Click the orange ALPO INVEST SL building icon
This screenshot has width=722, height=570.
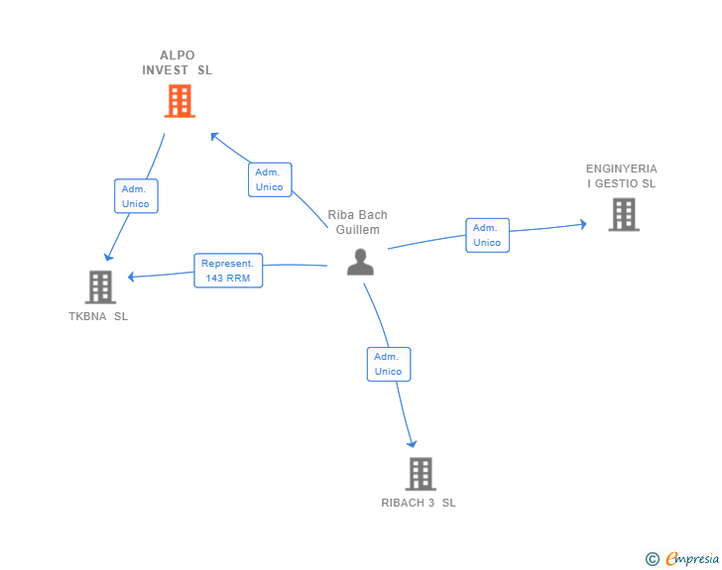[x=180, y=101]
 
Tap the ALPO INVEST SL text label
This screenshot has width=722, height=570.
[x=177, y=62]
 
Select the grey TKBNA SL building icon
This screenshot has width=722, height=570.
[x=100, y=287]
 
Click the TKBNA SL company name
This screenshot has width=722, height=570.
[x=98, y=316]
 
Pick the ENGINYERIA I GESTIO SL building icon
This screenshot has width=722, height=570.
[x=623, y=214]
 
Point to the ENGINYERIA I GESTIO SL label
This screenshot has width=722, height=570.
[x=621, y=175]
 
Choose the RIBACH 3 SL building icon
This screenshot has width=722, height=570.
[x=421, y=474]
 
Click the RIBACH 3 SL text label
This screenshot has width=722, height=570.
[x=419, y=503]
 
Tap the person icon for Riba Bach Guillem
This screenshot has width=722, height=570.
[x=360, y=262]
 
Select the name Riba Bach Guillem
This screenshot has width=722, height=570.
[x=358, y=222]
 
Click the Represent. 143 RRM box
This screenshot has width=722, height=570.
[x=228, y=271]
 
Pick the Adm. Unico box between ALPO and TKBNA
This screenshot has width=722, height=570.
[x=136, y=196]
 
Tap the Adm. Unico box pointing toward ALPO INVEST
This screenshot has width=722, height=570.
[x=269, y=179]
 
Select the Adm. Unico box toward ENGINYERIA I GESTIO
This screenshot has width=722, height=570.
[x=487, y=235]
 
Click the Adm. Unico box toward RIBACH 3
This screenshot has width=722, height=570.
[x=388, y=364]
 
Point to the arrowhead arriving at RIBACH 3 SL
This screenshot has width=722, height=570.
[x=413, y=444]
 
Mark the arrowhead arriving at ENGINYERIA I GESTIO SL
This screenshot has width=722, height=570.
[x=583, y=224]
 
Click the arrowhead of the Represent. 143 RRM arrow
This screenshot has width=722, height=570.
[x=132, y=277]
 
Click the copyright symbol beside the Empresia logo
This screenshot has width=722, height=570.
[x=652, y=559]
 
